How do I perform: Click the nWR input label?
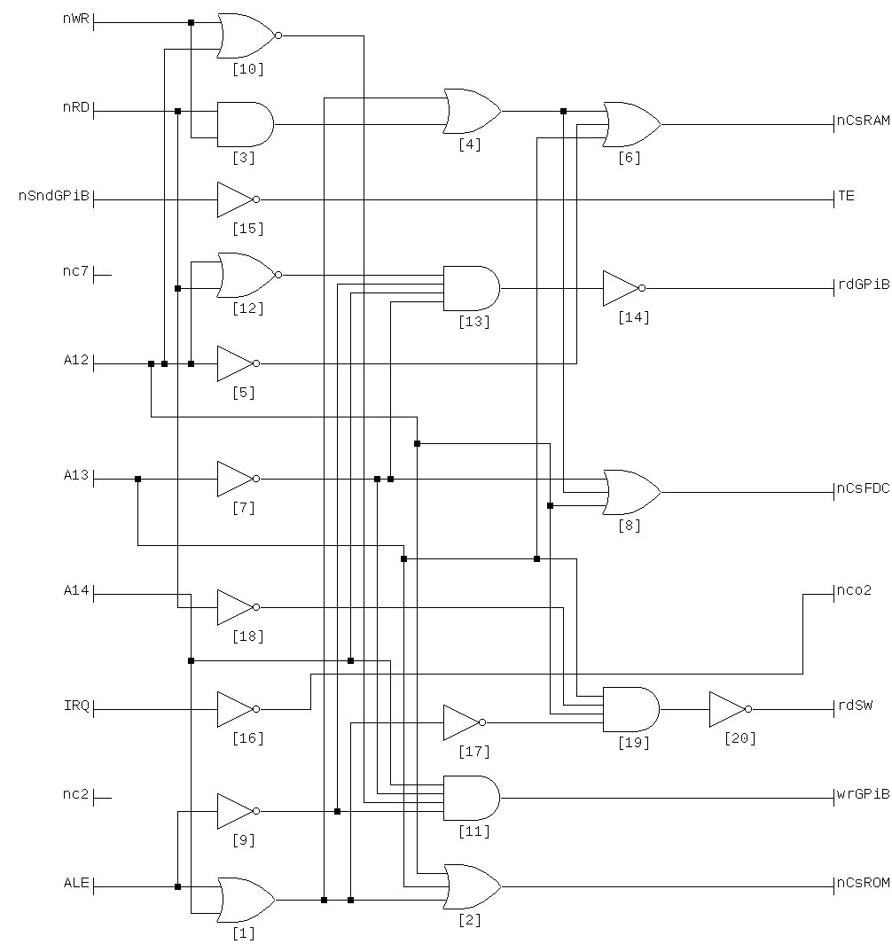click(75, 19)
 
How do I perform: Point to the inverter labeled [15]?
click(237, 199)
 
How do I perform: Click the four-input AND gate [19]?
click(630, 709)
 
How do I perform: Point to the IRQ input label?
click(77, 706)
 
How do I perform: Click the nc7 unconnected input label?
click(77, 271)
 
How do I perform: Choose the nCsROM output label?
click(863, 883)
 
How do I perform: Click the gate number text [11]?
click(470, 831)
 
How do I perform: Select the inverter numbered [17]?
click(463, 722)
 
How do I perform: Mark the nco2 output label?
click(854, 590)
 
